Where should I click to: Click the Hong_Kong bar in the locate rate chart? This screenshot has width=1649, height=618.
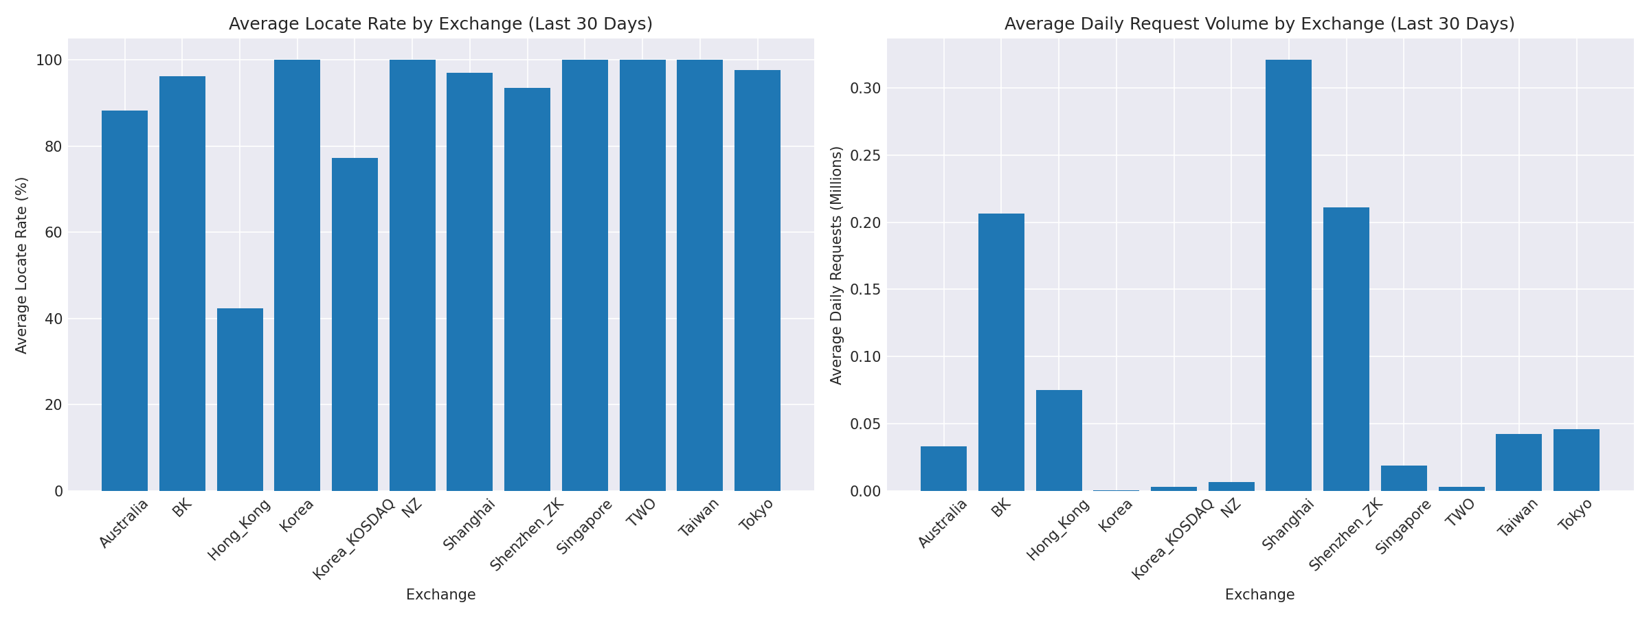point(240,400)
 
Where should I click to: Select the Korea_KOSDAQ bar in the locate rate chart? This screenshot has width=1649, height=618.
point(355,324)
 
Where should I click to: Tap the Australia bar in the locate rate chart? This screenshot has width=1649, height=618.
point(124,301)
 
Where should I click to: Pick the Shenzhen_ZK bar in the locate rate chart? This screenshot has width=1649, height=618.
point(527,289)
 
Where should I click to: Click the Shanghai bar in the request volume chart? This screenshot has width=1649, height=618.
point(1288,275)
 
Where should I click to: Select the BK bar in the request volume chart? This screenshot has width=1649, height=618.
point(1001,352)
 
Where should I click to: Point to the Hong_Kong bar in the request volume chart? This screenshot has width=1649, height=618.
point(1059,440)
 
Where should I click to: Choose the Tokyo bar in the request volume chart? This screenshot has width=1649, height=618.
point(1576,460)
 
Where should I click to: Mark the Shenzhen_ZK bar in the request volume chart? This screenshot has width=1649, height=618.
point(1346,349)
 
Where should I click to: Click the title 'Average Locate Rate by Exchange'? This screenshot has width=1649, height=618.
point(440,24)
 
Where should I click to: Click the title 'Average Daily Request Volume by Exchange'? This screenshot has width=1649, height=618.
point(1259,24)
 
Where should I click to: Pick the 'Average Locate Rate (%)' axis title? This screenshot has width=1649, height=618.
point(22,265)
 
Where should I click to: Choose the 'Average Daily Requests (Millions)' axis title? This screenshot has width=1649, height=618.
point(836,265)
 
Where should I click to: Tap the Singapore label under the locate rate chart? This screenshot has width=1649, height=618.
point(584,527)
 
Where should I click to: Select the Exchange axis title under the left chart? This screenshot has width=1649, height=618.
point(440,595)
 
